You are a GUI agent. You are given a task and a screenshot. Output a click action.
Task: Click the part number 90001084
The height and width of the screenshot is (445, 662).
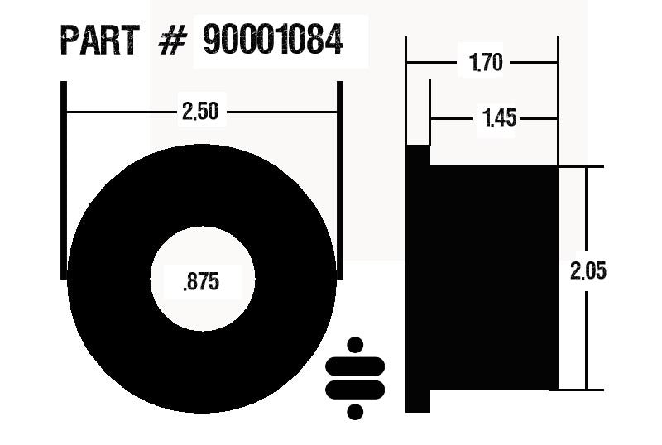(273, 40)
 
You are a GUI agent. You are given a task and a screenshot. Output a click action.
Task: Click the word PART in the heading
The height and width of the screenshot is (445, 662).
(100, 40)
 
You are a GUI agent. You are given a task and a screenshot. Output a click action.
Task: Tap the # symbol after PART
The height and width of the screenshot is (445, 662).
(170, 41)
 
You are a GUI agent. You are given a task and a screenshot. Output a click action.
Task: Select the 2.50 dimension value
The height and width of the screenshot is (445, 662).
(200, 112)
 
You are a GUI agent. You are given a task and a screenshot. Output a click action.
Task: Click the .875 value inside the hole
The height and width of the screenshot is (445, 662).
(201, 282)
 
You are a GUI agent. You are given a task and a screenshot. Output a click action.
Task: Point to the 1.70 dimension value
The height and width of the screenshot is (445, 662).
(486, 63)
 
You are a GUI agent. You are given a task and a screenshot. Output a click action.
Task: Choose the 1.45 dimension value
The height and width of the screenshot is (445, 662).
(499, 119)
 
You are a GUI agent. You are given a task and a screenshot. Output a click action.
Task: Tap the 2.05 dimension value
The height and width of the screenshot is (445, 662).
(588, 271)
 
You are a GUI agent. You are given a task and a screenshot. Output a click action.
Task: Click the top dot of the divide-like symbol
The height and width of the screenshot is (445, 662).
(356, 344)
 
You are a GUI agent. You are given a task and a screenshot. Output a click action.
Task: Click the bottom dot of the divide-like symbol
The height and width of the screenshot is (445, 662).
(356, 410)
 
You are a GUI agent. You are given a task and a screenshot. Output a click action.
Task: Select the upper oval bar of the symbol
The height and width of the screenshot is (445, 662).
(356, 366)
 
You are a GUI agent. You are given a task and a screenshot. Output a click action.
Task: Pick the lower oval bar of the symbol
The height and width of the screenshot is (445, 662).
(356, 389)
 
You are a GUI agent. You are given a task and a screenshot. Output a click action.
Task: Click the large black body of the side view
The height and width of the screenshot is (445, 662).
(494, 278)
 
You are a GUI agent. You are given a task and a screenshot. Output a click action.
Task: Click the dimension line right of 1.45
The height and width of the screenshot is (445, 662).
(540, 119)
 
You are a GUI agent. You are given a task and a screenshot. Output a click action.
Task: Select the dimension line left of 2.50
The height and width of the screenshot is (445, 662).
(120, 112)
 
